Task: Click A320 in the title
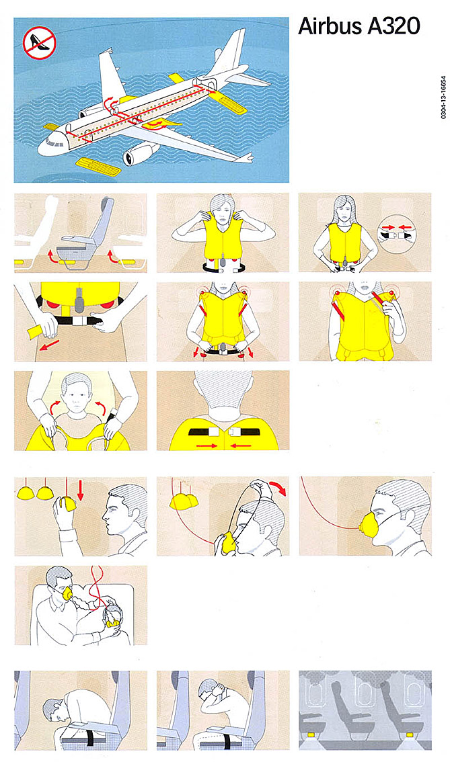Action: coord(393,26)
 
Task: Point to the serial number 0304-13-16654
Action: coord(443,97)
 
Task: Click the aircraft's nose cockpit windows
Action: coord(52,142)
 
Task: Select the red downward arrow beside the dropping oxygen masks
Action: coord(81,490)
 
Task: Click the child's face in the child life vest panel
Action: coord(75,400)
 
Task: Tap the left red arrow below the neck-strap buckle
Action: coord(207,445)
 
